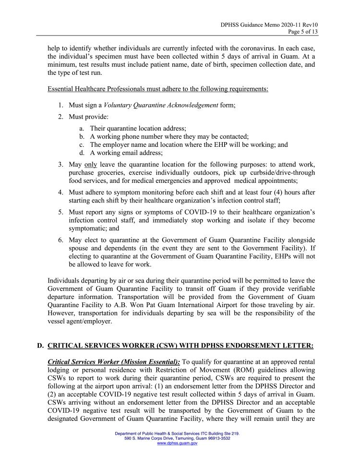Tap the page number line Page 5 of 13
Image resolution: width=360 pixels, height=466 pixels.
pyautogui.click(x=303, y=32)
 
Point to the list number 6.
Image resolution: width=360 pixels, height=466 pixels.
pyautogui.click(x=61, y=240)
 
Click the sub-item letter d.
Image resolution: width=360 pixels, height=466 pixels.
pyautogui.click(x=83, y=153)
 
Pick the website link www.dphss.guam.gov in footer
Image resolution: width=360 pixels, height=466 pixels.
pyautogui.click(x=178, y=443)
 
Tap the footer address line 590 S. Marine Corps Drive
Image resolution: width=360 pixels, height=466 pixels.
pyautogui.click(x=178, y=438)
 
